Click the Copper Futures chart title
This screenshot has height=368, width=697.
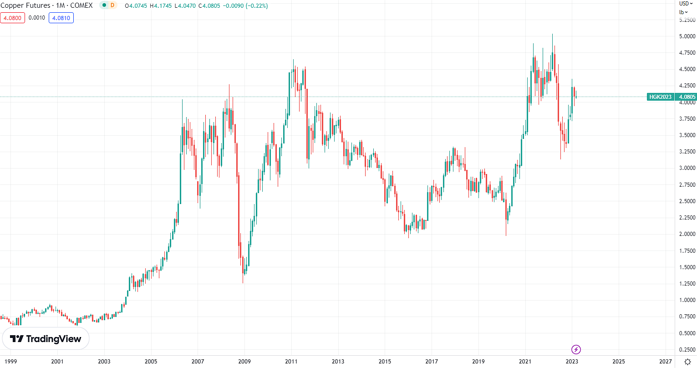46,5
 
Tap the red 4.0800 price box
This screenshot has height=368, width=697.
12,18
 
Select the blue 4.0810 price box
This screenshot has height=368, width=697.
61,18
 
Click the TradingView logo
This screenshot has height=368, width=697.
46,339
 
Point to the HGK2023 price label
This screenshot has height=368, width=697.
660,97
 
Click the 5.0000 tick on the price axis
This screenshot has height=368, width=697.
687,36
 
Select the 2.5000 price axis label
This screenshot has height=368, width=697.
687,201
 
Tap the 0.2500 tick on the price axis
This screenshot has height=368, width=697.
687,350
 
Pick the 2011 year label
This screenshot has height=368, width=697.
291,362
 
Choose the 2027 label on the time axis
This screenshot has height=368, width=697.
665,362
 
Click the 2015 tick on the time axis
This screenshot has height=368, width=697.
384,362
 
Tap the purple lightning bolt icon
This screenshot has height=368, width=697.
576,350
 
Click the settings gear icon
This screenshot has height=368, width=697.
687,362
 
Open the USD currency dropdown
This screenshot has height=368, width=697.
686,3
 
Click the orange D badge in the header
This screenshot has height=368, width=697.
112,5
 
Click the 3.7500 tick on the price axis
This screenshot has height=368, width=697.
687,119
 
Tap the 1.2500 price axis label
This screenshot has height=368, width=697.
687,284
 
